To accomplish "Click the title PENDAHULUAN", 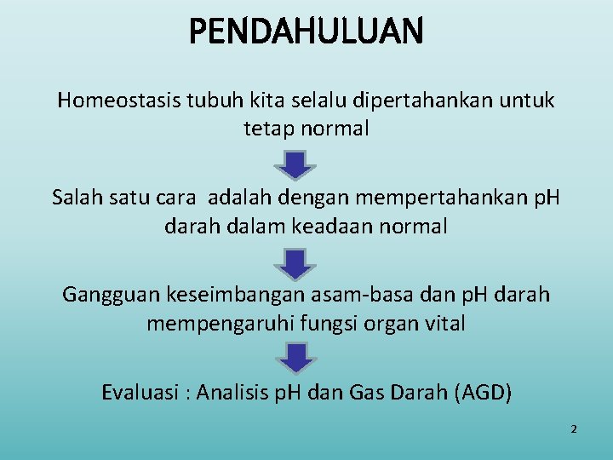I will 306,32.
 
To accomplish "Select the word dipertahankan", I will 414,101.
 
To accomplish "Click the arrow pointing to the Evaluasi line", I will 295,359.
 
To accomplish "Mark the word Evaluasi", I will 140,393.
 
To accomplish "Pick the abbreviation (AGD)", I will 484,393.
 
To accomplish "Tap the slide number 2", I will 573,429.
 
